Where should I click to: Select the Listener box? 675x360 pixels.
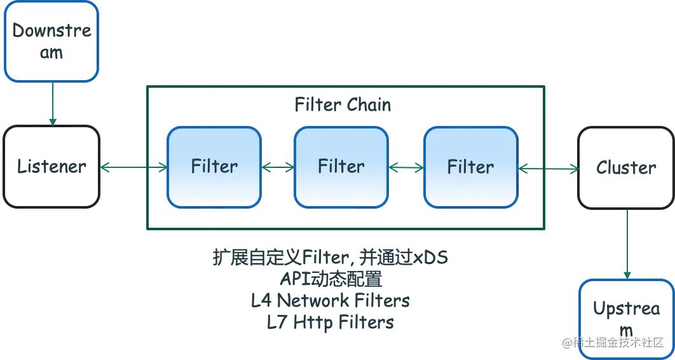point(51,167)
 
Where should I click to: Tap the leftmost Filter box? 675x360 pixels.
point(214,167)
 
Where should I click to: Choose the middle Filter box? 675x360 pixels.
point(341,167)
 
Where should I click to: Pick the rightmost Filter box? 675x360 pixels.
point(470,167)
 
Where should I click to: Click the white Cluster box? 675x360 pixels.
point(626,167)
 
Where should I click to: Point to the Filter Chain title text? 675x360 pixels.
point(343,104)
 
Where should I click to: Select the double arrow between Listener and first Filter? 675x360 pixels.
point(134,168)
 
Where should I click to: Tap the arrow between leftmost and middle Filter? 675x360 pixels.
point(278,168)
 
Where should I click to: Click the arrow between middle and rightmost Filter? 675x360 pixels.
point(406,168)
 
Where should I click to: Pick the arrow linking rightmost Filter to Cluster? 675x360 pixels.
point(549,169)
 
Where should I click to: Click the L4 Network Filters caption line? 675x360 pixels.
point(331,301)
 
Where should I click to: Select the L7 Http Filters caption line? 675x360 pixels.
point(331,322)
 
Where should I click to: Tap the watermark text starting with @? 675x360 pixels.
point(614,343)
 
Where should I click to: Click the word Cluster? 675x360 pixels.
point(626,167)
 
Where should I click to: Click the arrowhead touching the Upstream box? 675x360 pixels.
point(627,274)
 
